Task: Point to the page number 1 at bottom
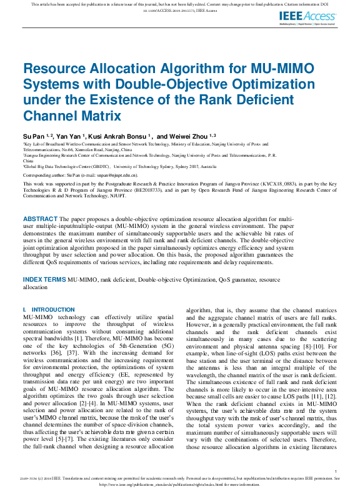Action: [336, 472]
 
